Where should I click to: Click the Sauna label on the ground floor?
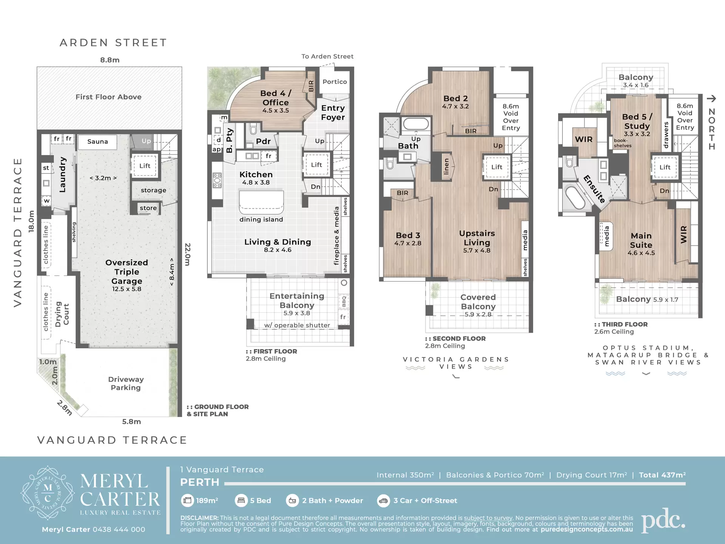click(x=97, y=142)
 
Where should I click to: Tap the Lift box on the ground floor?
click(x=145, y=166)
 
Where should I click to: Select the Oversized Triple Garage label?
click(x=126, y=272)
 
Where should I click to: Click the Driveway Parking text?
click(x=126, y=383)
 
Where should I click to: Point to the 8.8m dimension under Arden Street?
click(x=110, y=60)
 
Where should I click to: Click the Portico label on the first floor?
click(x=335, y=82)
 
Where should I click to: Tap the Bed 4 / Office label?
click(x=276, y=98)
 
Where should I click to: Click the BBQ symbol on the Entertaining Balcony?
click(x=344, y=301)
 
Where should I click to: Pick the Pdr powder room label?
click(x=263, y=141)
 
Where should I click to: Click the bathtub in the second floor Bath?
click(x=415, y=124)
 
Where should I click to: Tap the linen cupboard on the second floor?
click(x=446, y=166)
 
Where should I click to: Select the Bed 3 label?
click(x=408, y=235)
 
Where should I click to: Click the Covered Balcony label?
click(x=478, y=302)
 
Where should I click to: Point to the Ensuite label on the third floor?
click(x=594, y=189)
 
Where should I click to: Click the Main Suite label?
click(x=641, y=240)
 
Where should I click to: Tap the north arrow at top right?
click(x=711, y=99)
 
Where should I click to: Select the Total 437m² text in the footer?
click(x=662, y=475)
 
